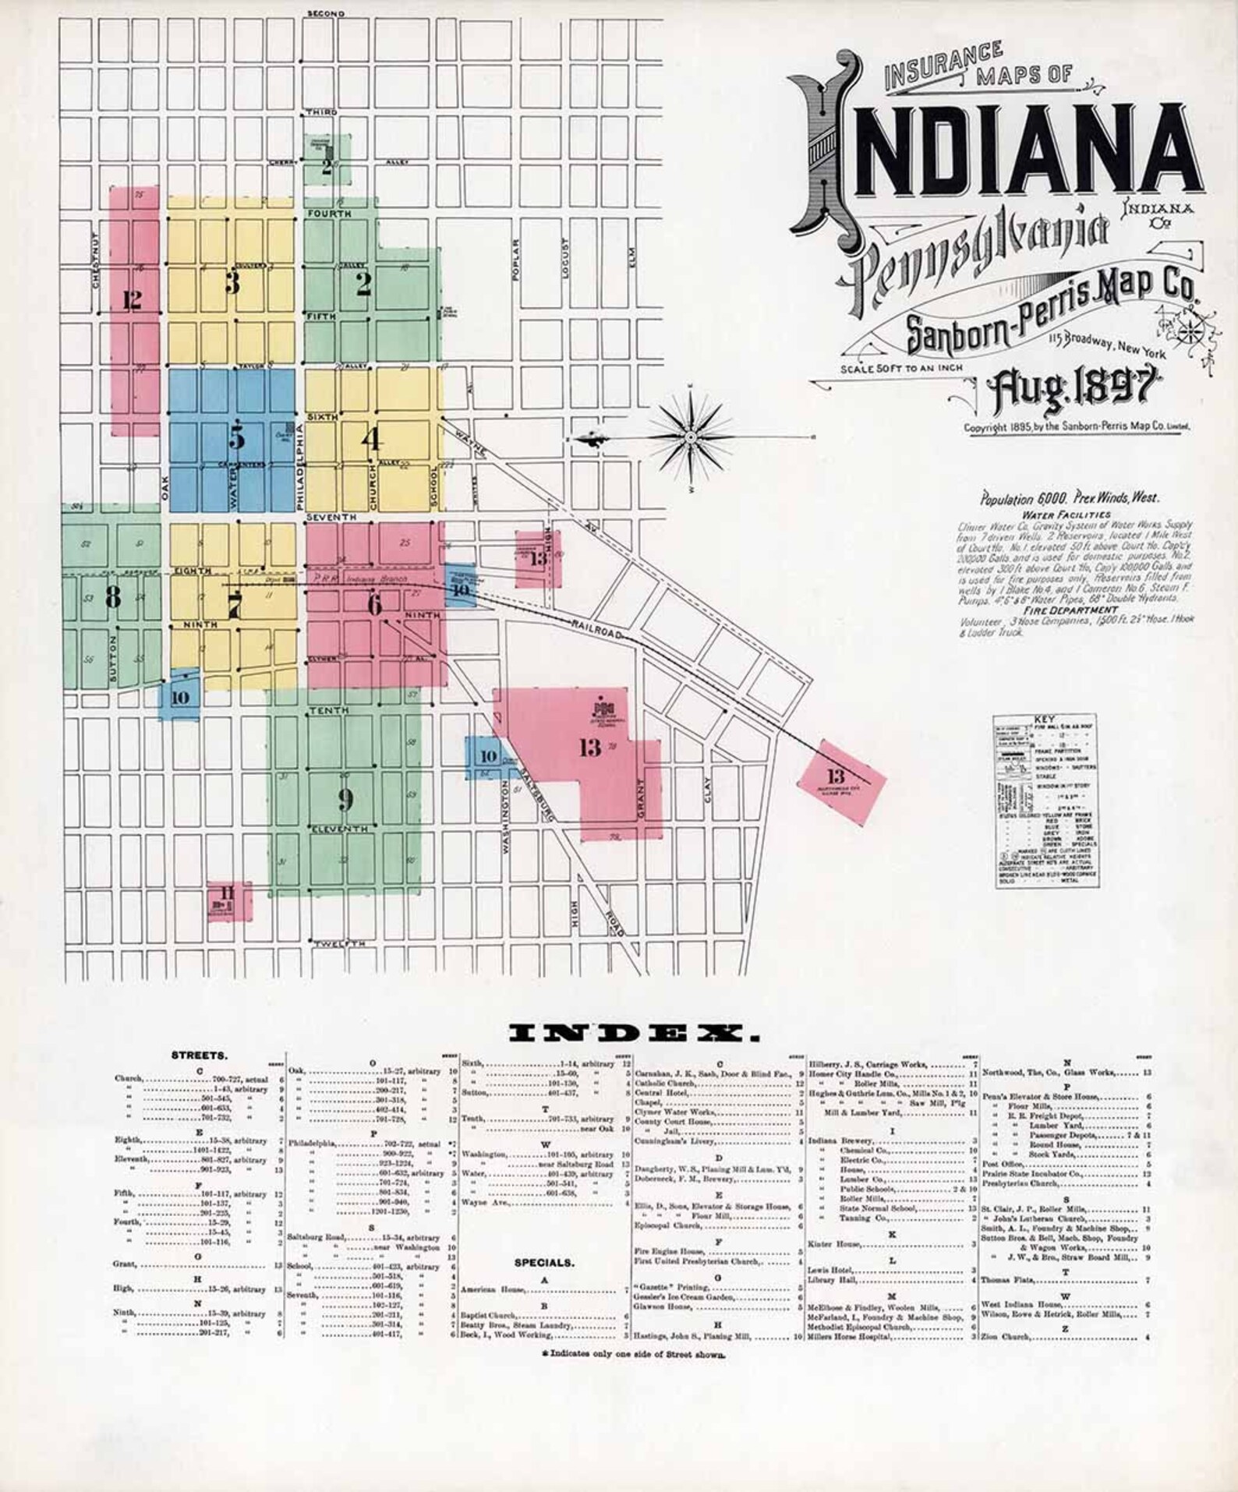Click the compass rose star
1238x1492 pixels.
click(691, 439)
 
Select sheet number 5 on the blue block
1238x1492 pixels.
click(237, 438)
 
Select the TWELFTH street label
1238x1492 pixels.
click(339, 944)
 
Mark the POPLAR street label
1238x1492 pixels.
click(515, 258)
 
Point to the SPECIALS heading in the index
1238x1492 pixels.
click(543, 1262)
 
